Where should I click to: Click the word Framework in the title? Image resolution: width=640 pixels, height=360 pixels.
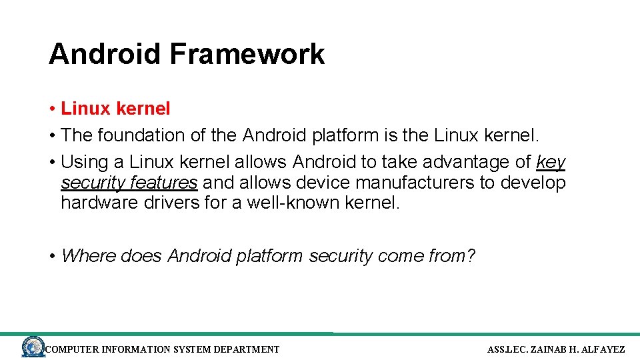pos(247,54)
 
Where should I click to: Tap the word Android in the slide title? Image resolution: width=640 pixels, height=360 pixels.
pos(105,54)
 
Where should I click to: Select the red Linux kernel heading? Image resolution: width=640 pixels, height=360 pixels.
pos(115,108)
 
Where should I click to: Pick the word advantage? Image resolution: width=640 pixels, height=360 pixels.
pos(469,162)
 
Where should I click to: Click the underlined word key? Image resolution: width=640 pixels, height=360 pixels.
pos(551,162)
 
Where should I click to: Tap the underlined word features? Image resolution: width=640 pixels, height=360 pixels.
pos(164,183)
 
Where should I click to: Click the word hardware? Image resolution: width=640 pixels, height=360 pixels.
pos(99,203)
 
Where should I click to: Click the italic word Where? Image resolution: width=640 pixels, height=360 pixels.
pos(88,256)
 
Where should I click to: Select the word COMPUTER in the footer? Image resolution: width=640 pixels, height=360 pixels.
pos(71,349)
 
